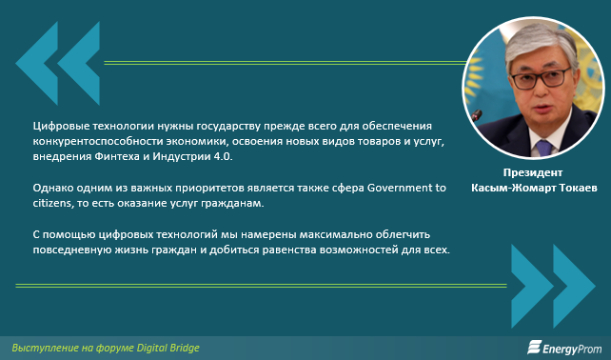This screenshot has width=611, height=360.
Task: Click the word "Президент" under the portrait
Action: pyautogui.click(x=533, y=172)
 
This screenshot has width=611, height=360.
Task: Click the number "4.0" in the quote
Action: pyautogui.click(x=224, y=157)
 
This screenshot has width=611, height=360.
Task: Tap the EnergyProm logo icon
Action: pyautogui.click(x=535, y=347)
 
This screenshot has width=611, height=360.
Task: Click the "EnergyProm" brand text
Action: pyautogui.click(x=572, y=348)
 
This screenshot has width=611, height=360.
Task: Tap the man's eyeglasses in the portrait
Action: pyautogui.click(x=540, y=77)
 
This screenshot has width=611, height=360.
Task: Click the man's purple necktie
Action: pyautogui.click(x=544, y=148)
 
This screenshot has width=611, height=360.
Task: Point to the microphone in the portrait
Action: pyautogui.click(x=476, y=115)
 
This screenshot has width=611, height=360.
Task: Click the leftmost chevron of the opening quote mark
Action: pyautogui.click(x=37, y=63)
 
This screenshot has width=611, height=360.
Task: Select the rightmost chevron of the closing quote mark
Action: pyautogui.click(x=575, y=286)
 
